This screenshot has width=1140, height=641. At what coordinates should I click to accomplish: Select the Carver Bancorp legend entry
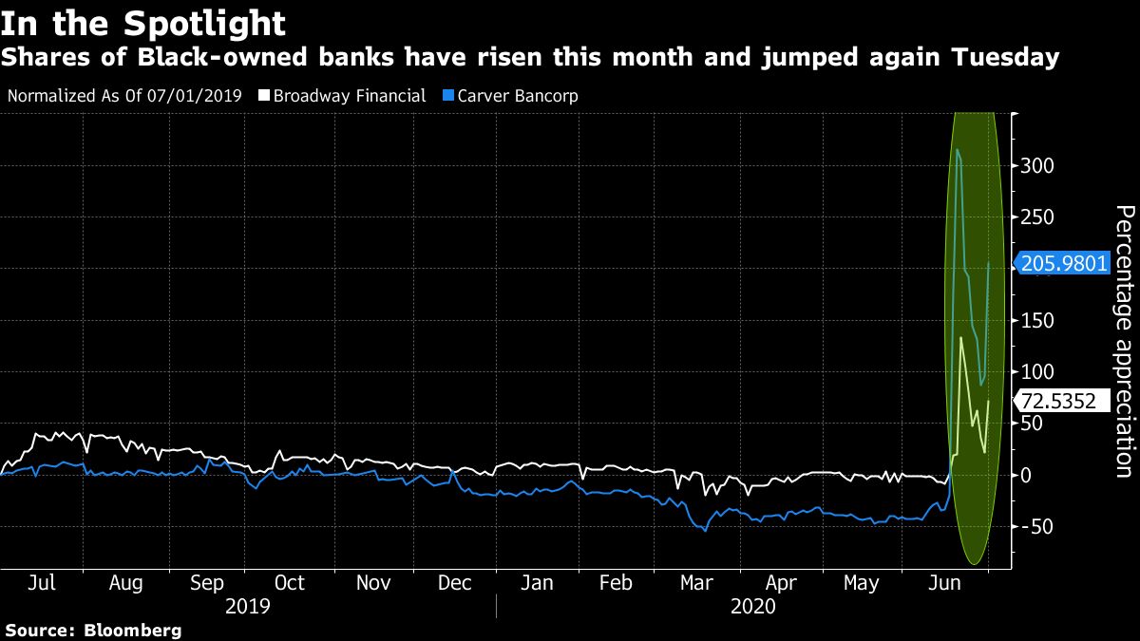[514, 96]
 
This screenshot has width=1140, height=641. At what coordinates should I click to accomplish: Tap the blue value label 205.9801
[1064, 263]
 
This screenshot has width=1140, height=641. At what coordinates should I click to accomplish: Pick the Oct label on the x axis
[289, 583]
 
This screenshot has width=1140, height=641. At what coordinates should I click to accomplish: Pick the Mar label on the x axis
[698, 583]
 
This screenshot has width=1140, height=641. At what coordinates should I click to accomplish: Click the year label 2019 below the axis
[248, 606]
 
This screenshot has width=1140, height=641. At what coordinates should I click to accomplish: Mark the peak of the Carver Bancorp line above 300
[957, 149]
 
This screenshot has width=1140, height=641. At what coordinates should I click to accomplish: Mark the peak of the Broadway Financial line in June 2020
[961, 337]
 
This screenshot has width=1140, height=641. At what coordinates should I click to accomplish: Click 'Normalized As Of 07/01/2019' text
[123, 96]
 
